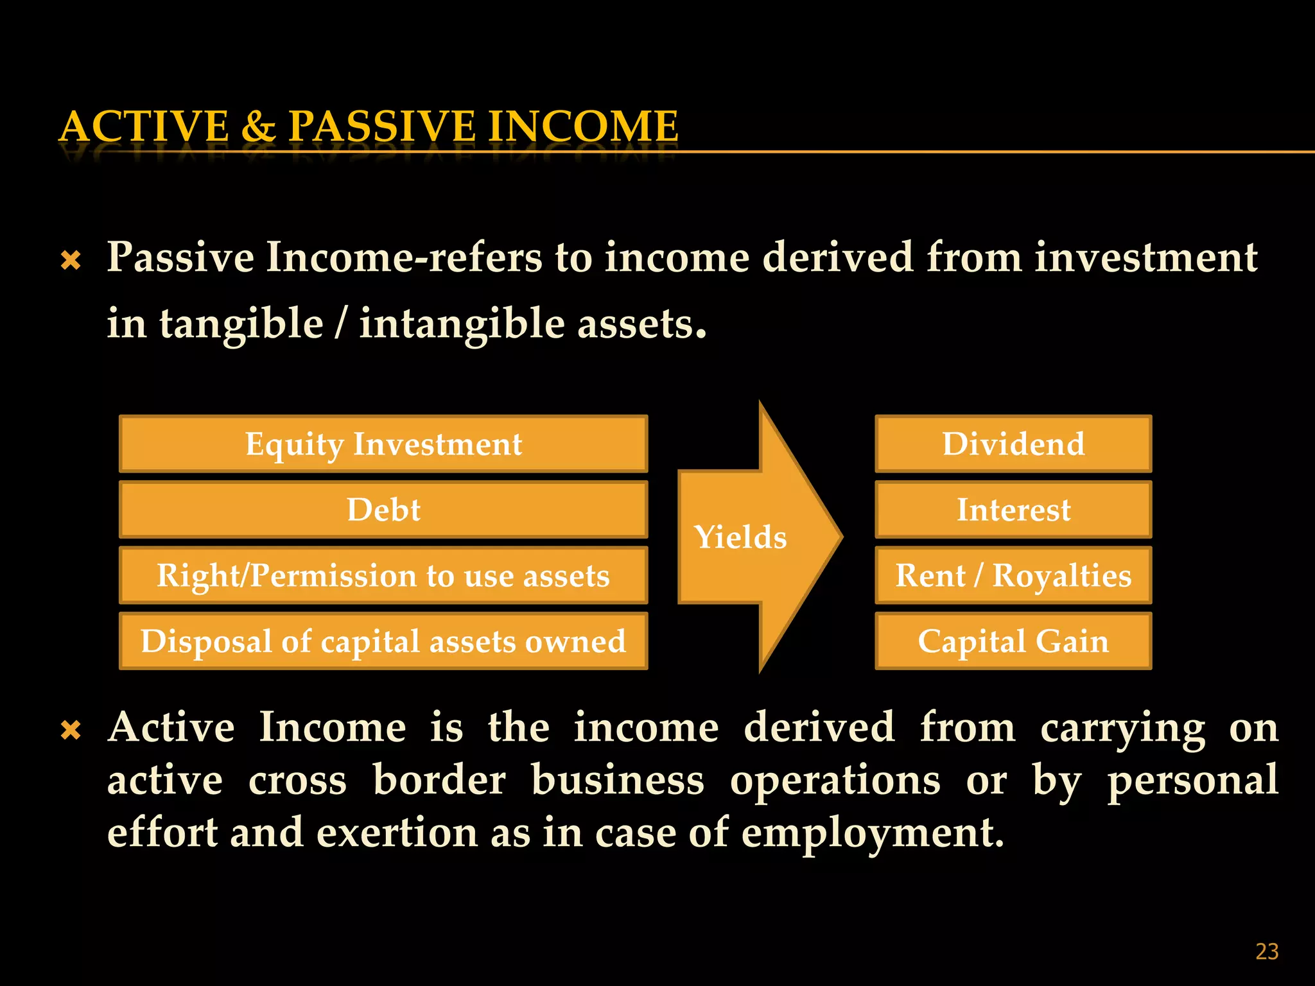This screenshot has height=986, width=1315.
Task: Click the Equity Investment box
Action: pos(383,444)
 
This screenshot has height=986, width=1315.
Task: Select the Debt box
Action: pos(383,510)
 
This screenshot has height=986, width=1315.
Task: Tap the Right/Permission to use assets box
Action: pos(383,576)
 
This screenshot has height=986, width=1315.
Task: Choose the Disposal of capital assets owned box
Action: pos(383,641)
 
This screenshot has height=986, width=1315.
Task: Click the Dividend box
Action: pos(1013,444)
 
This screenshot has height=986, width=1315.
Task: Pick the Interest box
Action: pos(1013,510)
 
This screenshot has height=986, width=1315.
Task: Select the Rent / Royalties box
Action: pos(1013,576)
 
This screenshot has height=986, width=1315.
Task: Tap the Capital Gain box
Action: pos(1013,641)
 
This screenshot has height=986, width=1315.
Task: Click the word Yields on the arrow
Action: pos(740,537)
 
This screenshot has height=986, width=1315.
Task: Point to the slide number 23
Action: pos(1266,951)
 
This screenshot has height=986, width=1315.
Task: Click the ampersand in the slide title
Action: pos(258,126)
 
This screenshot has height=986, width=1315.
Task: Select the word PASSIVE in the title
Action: pos(382,126)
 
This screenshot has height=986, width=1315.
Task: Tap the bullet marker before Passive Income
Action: pos(71,261)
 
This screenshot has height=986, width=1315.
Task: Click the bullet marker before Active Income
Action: pos(71,731)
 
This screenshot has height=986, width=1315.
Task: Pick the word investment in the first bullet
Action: pos(1145,258)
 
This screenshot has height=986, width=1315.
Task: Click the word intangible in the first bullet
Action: pos(462,324)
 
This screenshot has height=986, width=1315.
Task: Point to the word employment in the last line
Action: pos(872,833)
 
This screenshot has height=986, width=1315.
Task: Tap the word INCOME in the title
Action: pos(582,126)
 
